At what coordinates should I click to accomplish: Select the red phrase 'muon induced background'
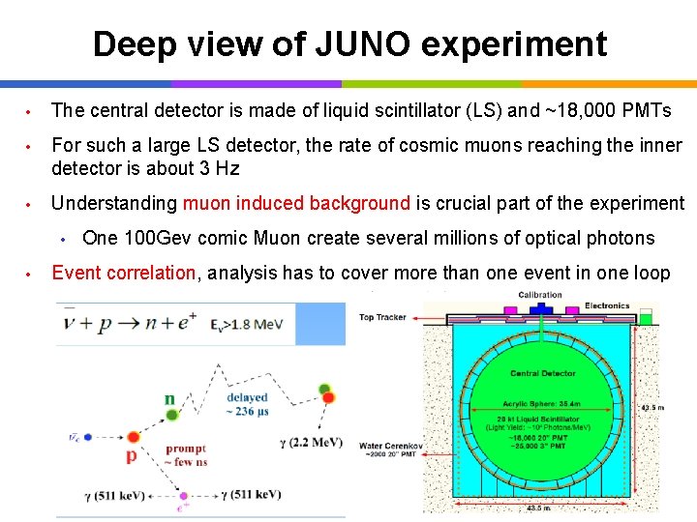(296, 203)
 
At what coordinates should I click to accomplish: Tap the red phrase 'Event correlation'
(123, 273)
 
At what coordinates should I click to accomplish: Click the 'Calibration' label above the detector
(539, 295)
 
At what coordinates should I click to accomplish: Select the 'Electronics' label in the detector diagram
(606, 305)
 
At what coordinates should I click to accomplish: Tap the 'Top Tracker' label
(381, 317)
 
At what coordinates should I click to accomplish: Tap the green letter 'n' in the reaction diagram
(170, 398)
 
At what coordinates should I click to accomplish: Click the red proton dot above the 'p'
(134, 438)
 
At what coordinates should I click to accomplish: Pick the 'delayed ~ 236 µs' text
(247, 404)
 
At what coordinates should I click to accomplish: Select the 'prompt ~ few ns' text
(186, 454)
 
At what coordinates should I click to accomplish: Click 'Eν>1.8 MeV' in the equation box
(247, 325)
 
